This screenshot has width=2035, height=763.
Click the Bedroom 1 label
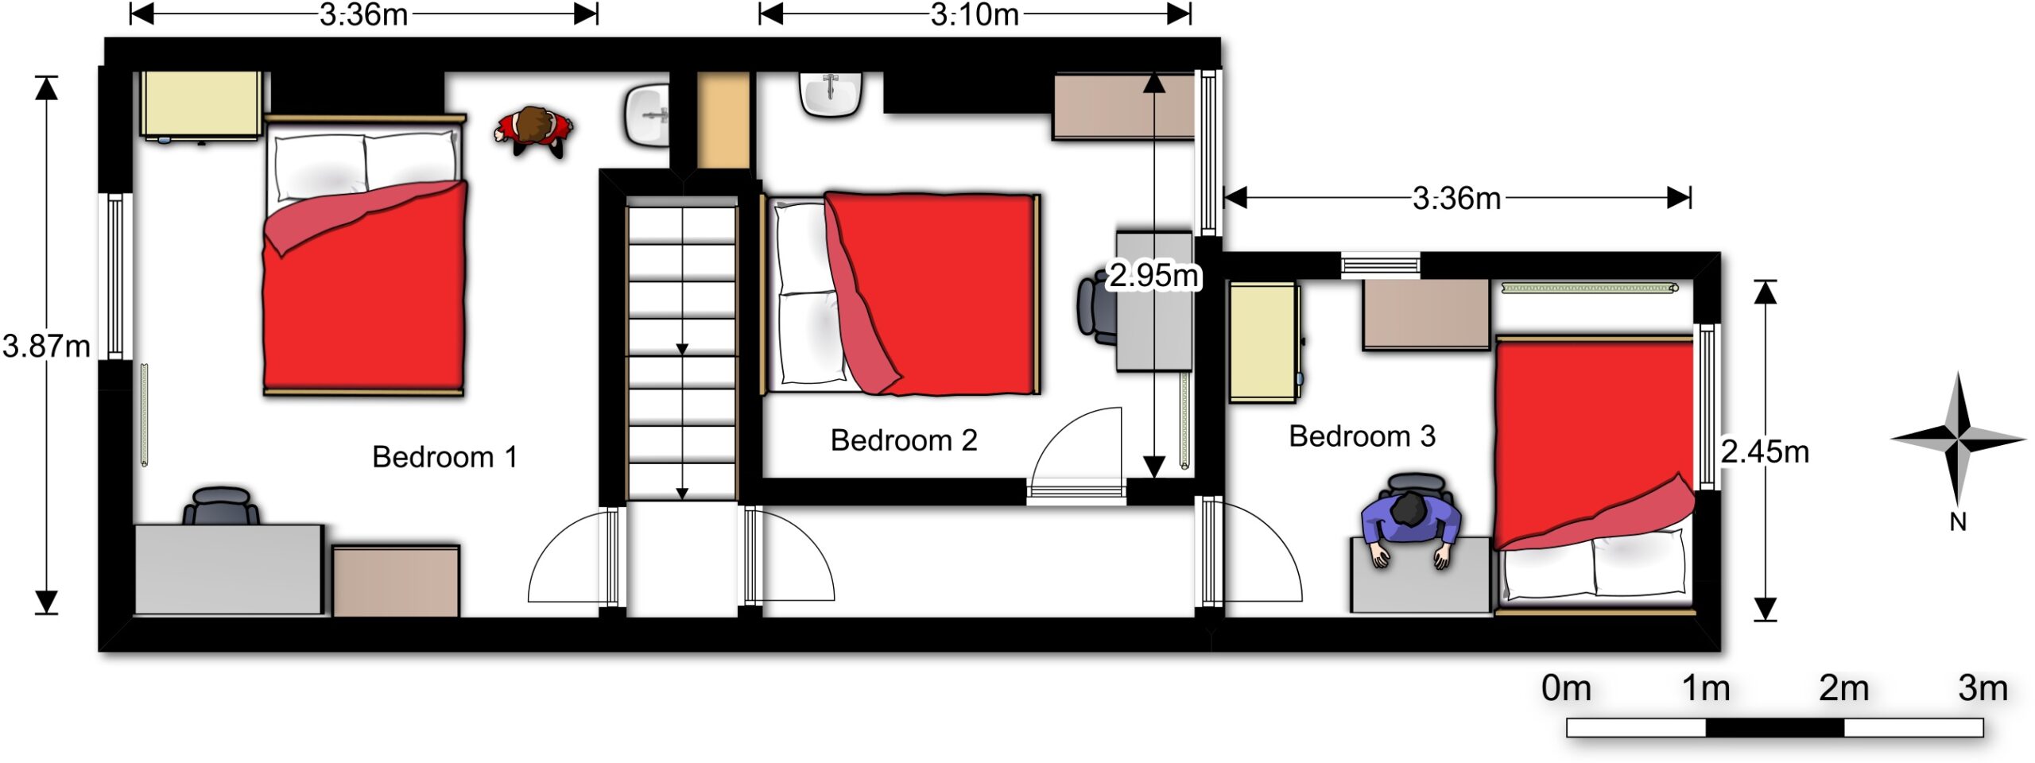pyautogui.click(x=444, y=457)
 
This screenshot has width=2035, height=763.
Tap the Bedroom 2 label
pyautogui.click(x=904, y=440)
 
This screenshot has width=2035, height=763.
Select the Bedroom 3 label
pyautogui.click(x=1362, y=436)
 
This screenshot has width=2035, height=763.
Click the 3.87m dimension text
pyautogui.click(x=46, y=347)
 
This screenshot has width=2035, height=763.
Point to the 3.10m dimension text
pyautogui.click(x=975, y=14)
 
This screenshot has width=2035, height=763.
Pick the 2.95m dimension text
pyautogui.click(x=1153, y=275)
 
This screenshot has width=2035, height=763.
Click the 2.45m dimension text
pyautogui.click(x=1765, y=452)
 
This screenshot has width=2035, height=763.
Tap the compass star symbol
pyautogui.click(x=1959, y=439)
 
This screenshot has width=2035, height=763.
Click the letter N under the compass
pyautogui.click(x=1958, y=522)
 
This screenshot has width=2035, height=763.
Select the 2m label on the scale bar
pyautogui.click(x=1843, y=688)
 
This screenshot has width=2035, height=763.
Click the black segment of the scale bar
pyautogui.click(x=1774, y=727)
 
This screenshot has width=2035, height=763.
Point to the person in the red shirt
pyautogui.click(x=534, y=131)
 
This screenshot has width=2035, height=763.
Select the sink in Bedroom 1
pyautogui.click(x=647, y=116)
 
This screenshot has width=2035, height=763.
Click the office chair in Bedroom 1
pyautogui.click(x=222, y=506)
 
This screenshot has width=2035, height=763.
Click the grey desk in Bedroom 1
pyautogui.click(x=229, y=569)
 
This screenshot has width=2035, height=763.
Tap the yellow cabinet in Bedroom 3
pyautogui.click(x=1265, y=343)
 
